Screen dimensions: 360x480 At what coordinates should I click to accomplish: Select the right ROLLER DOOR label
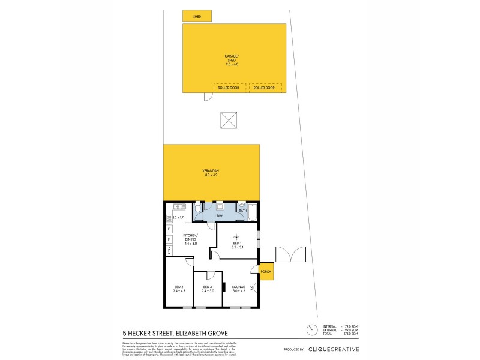pyautogui.click(x=264, y=88)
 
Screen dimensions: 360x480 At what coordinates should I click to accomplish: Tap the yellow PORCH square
pyautogui.click(x=266, y=271)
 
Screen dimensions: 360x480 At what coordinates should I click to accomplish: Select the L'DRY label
pyautogui.click(x=219, y=215)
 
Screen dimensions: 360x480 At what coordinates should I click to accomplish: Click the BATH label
pyautogui.click(x=242, y=211)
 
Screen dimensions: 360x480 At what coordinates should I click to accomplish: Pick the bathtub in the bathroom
pyautogui.click(x=253, y=212)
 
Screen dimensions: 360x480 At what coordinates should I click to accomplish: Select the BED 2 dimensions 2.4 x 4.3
pyautogui.click(x=179, y=291)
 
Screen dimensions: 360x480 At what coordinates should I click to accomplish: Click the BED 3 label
pyautogui.click(x=208, y=287)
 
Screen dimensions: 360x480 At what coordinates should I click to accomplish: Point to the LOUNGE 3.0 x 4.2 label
pyautogui.click(x=238, y=289)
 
